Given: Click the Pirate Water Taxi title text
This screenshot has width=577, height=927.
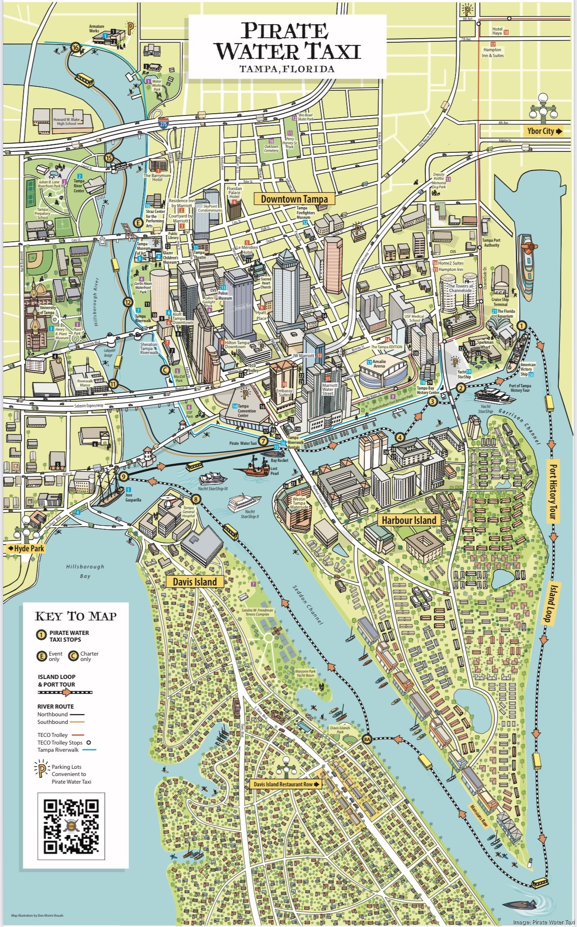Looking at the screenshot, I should click(287, 42).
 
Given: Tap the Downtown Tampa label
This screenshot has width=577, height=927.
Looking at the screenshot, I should click(294, 199).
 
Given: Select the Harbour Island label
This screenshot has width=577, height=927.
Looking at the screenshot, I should click(408, 520).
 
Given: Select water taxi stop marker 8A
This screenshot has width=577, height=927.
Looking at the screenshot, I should click(368, 739).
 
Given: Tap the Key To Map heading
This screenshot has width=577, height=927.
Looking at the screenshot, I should click(75, 616).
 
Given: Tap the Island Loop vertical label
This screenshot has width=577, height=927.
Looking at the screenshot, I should click(548, 602).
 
